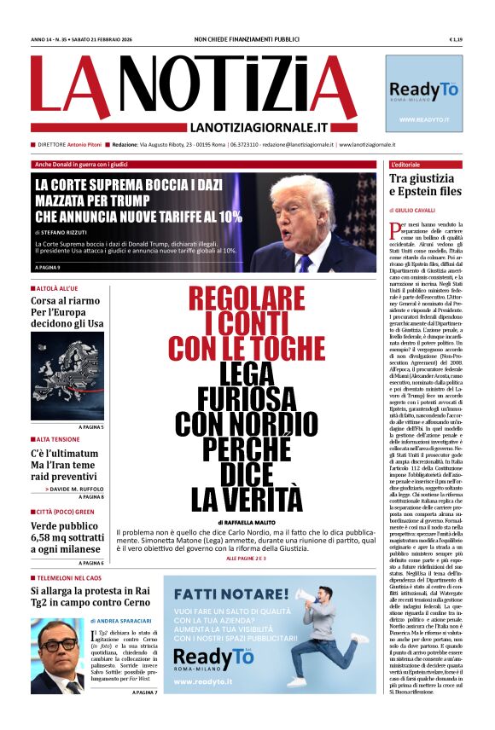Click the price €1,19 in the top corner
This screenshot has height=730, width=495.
pyautogui.click(x=455, y=40)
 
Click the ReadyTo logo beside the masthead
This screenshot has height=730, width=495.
pyautogui.click(x=424, y=91)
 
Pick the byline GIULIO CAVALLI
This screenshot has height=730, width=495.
pyautogui.click(x=416, y=209)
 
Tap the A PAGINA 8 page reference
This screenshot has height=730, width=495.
pyautogui.click(x=91, y=495)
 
